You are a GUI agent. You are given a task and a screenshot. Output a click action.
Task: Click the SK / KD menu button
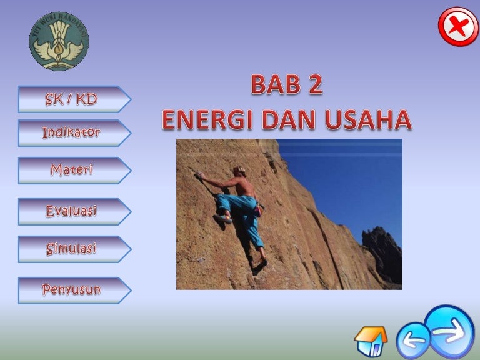click(74, 99)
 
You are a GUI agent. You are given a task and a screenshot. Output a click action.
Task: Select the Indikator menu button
click(74, 133)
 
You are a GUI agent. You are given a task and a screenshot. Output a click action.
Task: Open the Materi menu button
click(74, 170)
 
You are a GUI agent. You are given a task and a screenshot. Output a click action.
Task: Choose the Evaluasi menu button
click(74, 211)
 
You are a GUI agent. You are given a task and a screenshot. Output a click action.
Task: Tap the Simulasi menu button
click(74, 249)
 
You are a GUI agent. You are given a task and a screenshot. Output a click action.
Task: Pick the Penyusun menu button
click(74, 290)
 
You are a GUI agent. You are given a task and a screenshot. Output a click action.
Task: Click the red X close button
click(458, 27)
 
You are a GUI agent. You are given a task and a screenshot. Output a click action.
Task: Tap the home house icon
click(371, 341)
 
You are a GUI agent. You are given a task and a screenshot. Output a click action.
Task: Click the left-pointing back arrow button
click(413, 341)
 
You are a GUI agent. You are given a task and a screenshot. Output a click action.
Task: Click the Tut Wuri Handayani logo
click(59, 41)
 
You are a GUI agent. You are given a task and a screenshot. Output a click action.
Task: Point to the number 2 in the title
click(316, 84)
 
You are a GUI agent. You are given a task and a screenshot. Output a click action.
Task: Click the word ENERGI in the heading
click(208, 120)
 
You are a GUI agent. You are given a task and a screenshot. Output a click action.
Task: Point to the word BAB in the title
click(276, 84)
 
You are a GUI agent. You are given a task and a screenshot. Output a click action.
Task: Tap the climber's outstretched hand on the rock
click(199, 175)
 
